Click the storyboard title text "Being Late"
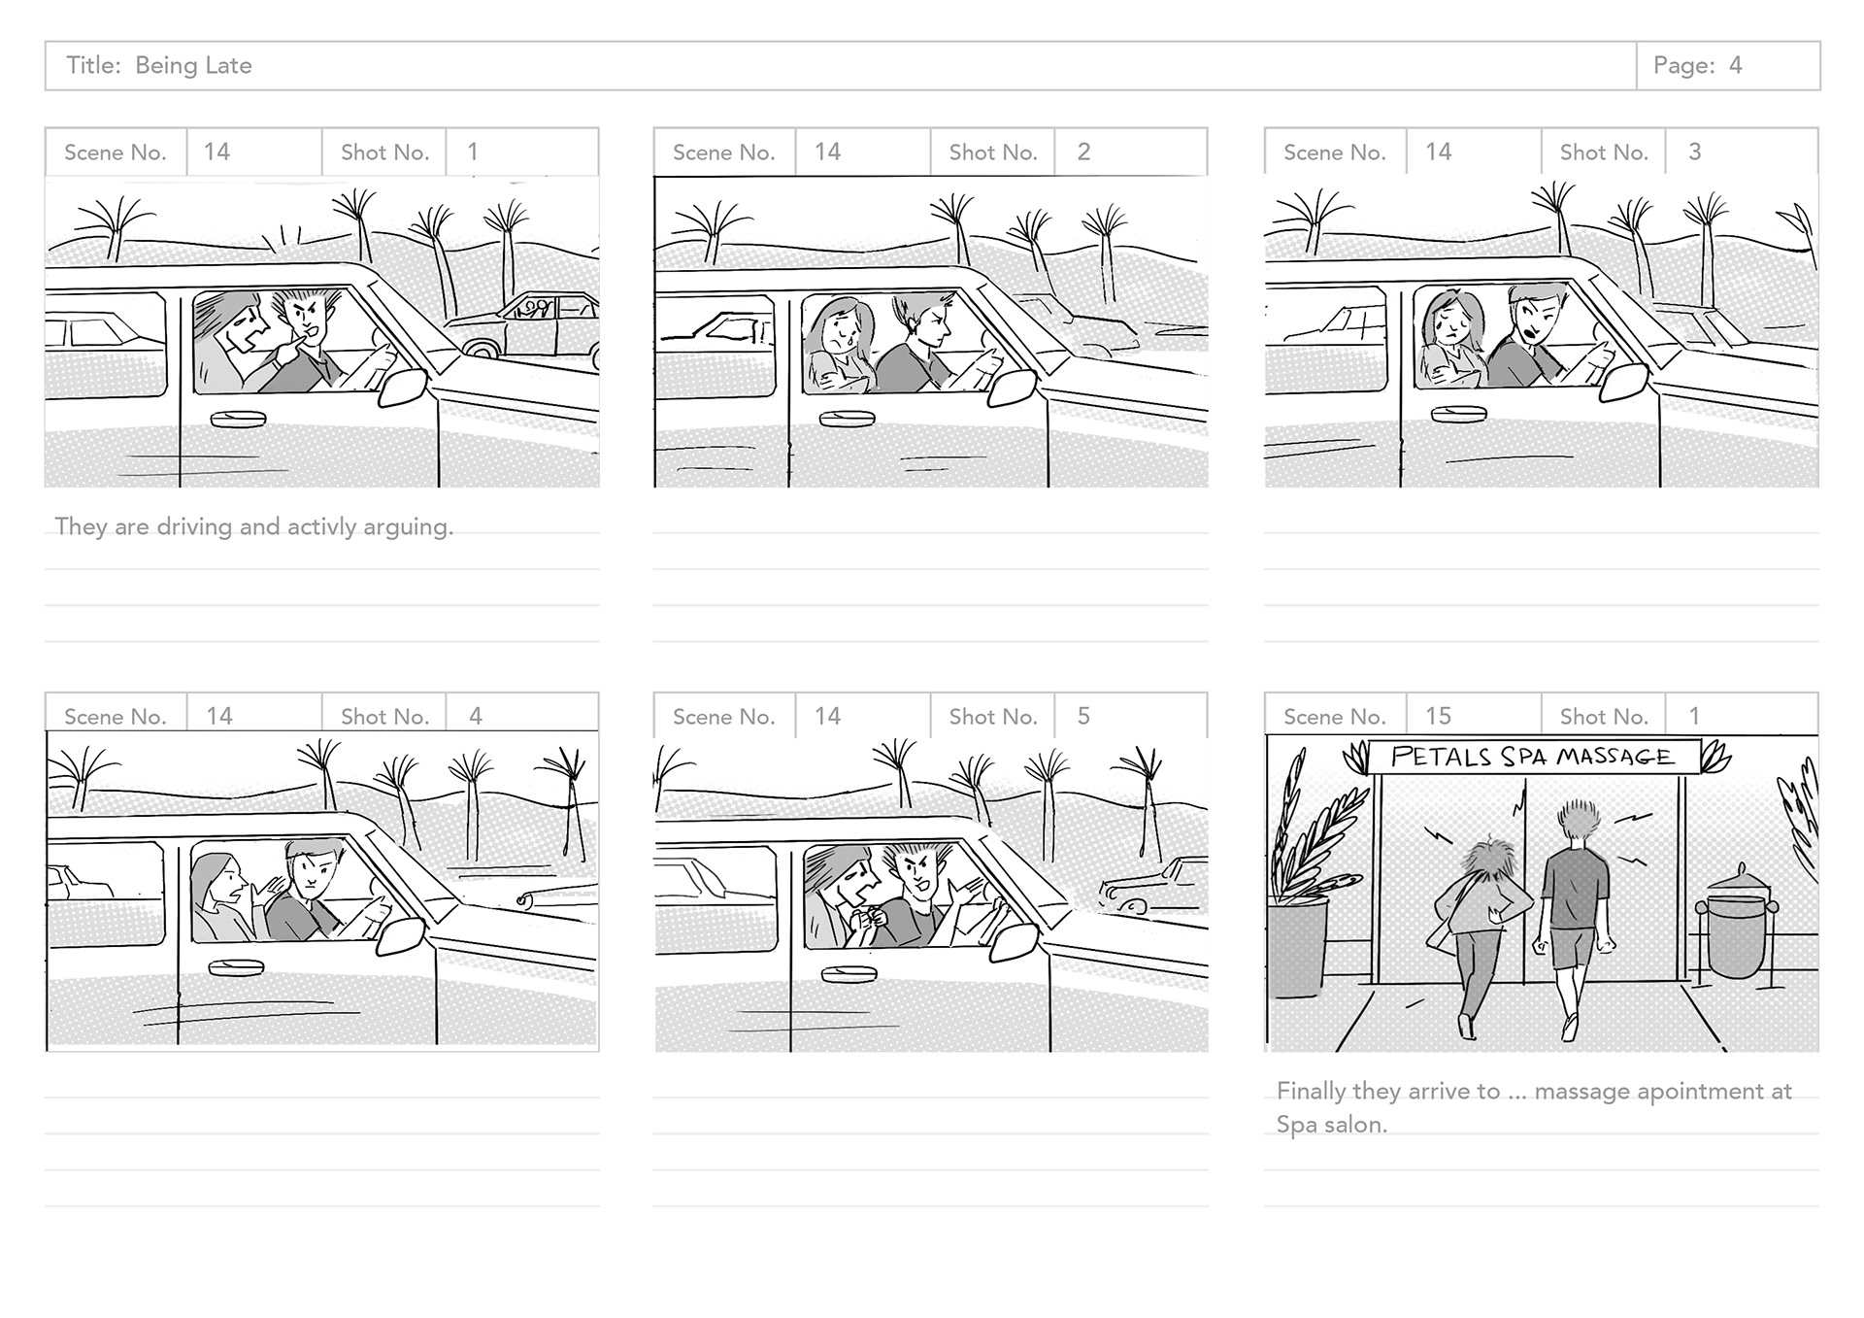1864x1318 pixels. (193, 66)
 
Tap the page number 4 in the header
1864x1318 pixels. (1735, 66)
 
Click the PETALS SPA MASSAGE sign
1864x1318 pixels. (1532, 757)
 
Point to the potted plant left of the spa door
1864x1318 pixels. (1301, 903)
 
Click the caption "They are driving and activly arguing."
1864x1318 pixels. (254, 526)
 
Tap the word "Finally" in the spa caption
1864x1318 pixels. (1311, 1091)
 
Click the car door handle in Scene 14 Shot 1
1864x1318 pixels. (238, 419)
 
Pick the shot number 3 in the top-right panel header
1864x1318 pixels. (1694, 152)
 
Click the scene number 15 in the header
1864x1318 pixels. (1438, 716)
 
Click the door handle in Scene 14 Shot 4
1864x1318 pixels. (236, 967)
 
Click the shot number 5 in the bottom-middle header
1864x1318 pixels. (1083, 716)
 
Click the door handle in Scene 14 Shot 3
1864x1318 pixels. (1458, 414)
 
